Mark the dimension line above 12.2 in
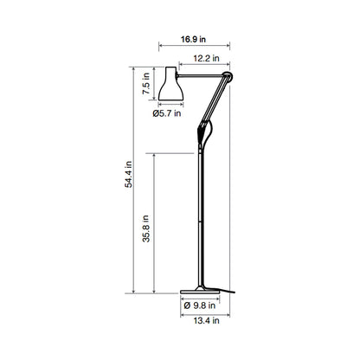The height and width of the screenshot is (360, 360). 202,65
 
